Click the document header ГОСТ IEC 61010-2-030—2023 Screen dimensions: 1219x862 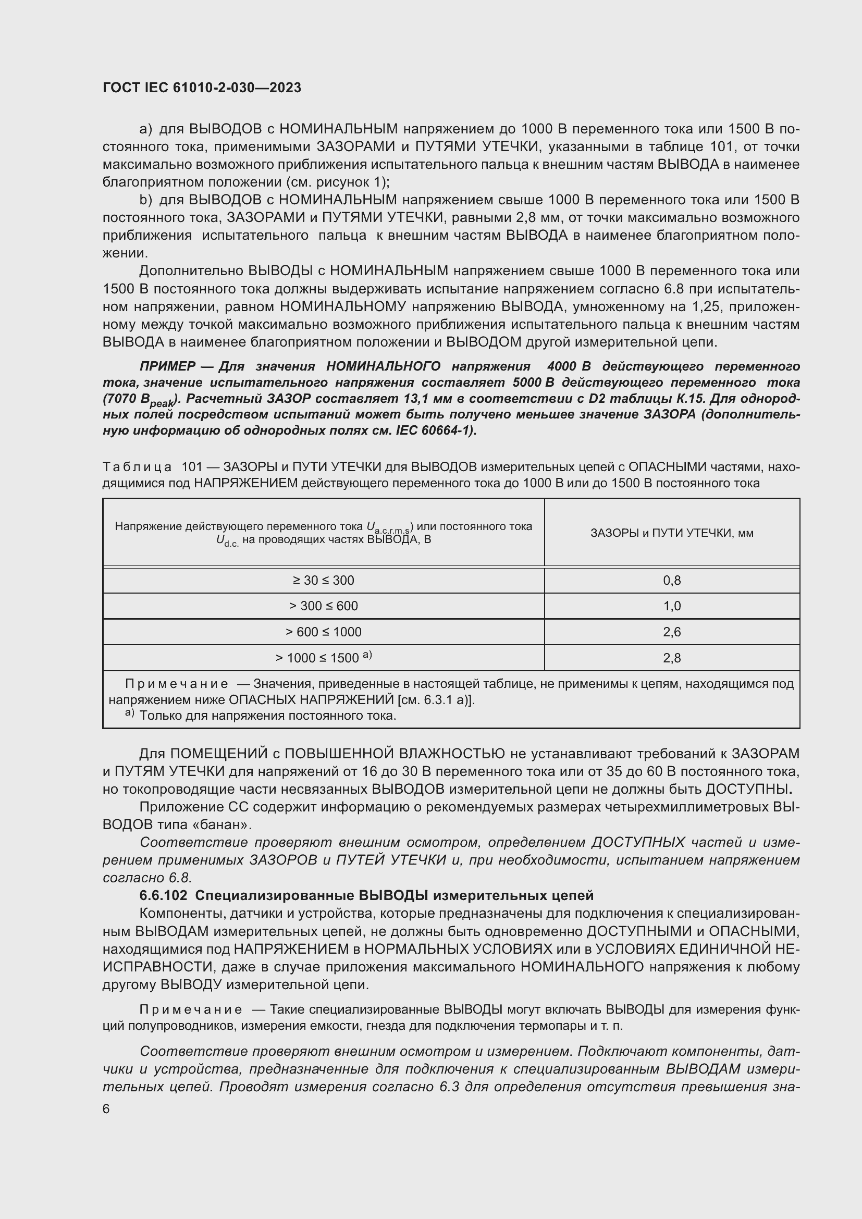pyautogui.click(x=202, y=88)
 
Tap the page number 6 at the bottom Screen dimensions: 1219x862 pyautogui.click(x=106, y=1110)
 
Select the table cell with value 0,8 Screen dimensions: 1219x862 pyautogui.click(x=671, y=580)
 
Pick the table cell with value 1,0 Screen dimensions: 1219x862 pyautogui.click(x=671, y=606)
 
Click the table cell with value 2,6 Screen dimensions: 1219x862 pyautogui.click(x=671, y=632)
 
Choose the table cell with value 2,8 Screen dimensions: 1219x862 pyautogui.click(x=671, y=658)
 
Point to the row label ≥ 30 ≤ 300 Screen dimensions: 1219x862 pyautogui.click(x=323, y=580)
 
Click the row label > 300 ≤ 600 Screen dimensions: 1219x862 pyautogui.click(x=323, y=606)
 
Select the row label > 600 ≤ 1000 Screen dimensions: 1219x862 pyautogui.click(x=323, y=632)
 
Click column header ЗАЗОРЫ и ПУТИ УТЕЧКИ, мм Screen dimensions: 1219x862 pyautogui.click(x=671, y=533)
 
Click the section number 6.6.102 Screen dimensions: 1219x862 pyautogui.click(x=163, y=896)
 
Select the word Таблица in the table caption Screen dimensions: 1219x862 pyautogui.click(x=137, y=467)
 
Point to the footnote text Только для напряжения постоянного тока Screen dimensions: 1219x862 pyautogui.click(x=267, y=716)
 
